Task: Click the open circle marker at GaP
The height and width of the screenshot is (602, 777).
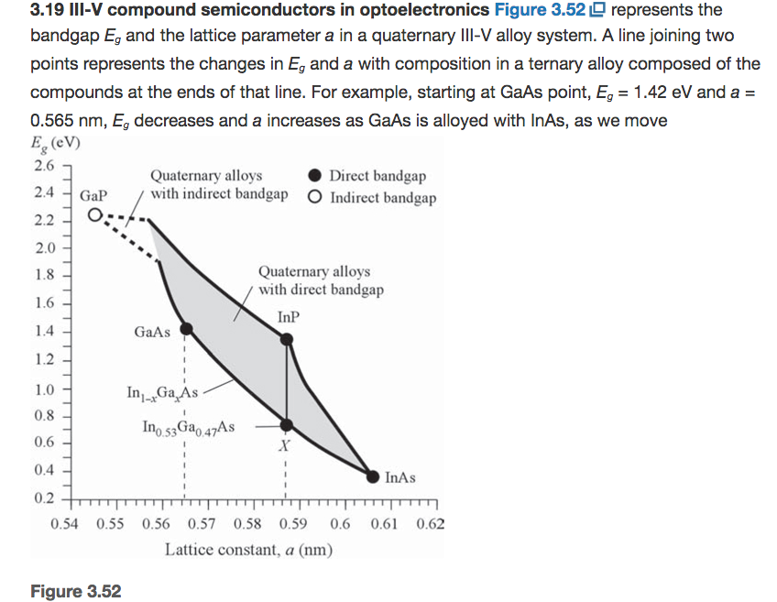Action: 95,216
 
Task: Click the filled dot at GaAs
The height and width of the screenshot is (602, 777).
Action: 185,329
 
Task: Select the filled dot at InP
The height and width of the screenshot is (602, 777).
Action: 287,340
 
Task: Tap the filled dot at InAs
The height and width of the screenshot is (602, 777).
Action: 373,476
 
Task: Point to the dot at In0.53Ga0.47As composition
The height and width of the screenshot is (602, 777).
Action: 287,425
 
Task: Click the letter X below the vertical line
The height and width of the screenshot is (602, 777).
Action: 285,447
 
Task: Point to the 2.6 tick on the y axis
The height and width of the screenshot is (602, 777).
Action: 44,166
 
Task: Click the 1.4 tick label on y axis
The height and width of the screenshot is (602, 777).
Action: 44,331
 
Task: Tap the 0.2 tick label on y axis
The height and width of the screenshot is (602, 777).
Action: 44,499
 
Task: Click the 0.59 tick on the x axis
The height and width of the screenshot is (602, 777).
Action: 293,525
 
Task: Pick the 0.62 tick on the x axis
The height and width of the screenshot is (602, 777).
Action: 430,525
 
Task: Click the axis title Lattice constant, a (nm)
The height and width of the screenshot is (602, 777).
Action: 248,550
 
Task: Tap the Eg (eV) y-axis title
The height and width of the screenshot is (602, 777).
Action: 54,143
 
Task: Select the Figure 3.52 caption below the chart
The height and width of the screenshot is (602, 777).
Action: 75,590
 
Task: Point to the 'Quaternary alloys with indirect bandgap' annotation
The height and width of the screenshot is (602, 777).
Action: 218,184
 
